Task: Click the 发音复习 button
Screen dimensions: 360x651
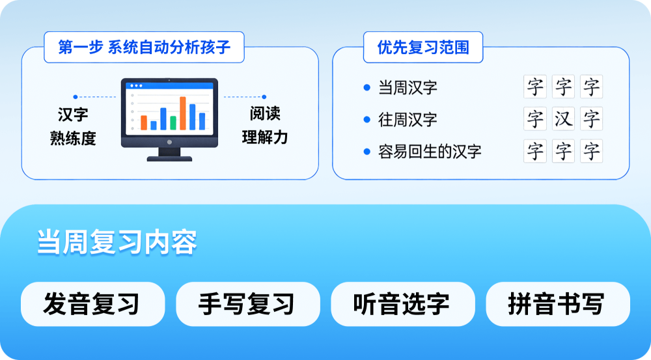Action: point(92,304)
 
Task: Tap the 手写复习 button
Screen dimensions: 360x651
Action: point(247,304)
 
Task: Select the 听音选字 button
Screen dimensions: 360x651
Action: point(402,304)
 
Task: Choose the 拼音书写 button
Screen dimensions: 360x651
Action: point(557,304)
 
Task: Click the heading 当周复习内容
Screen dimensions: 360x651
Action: point(117,242)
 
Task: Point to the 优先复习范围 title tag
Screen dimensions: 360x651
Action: point(423,48)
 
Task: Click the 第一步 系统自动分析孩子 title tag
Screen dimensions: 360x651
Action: point(144,48)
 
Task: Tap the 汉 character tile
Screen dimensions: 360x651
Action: point(563,119)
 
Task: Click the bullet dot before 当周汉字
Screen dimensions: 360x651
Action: point(367,87)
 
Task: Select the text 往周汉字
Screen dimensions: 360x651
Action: point(408,120)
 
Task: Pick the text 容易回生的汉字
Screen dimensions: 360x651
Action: point(430,152)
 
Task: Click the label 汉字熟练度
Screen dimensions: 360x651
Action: point(73,126)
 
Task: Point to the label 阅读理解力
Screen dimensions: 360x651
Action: point(265,126)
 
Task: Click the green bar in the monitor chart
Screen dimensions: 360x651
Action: point(173,122)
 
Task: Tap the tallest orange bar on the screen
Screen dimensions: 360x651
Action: point(183,113)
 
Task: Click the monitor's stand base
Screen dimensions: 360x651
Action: point(169,158)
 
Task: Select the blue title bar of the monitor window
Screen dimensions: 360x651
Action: point(169,86)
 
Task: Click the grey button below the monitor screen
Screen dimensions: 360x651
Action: point(169,142)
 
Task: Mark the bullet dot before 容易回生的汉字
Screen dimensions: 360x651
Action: point(367,152)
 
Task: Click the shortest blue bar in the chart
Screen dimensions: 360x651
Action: point(154,125)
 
